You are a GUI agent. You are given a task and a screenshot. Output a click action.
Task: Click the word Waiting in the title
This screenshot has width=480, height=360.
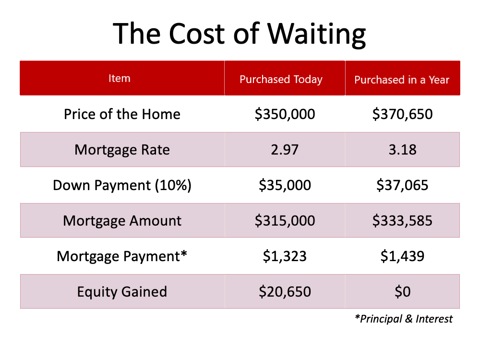coord(316,35)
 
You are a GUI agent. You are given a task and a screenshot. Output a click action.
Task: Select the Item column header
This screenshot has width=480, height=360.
coord(120,78)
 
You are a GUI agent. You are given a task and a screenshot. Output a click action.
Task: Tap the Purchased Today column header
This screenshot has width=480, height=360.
coord(281,79)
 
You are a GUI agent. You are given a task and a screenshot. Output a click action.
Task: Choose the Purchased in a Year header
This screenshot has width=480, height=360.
coord(402,80)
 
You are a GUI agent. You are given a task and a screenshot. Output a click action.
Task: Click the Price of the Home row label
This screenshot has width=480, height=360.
coord(122,114)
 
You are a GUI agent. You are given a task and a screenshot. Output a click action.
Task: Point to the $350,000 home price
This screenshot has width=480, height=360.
coord(285,114)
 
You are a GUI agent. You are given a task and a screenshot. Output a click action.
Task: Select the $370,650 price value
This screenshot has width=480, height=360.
coord(402,114)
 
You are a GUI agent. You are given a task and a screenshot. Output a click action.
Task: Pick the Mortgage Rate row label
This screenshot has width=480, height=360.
coord(122,150)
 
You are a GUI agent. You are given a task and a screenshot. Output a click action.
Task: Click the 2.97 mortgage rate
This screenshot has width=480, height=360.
coord(285,150)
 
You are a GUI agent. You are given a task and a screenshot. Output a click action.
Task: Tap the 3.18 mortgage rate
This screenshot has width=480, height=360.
coord(402,150)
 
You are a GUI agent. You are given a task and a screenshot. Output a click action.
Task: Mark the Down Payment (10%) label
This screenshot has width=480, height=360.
coord(122,185)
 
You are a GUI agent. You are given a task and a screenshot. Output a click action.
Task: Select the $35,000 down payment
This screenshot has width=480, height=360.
coord(285,185)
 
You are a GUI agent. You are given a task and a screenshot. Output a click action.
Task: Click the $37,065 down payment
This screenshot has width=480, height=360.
coord(402,185)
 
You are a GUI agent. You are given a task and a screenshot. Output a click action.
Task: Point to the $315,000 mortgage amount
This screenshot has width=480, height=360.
coord(285,221)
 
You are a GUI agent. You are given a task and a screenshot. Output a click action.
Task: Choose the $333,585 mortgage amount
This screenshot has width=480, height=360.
coord(402,221)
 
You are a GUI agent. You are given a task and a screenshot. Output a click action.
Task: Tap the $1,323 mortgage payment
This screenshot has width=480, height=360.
coord(285,256)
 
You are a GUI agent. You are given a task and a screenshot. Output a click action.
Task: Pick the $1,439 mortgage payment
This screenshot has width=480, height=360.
coord(402,256)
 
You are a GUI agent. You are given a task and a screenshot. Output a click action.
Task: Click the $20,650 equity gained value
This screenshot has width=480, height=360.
coord(285,292)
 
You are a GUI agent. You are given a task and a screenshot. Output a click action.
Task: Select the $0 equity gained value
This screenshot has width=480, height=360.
coord(402,292)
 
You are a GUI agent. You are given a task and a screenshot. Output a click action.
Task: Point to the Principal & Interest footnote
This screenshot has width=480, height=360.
coord(404,319)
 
